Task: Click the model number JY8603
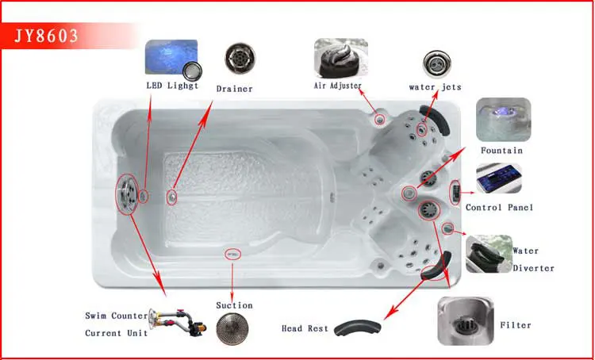(x=46, y=36)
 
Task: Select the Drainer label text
(x=234, y=89)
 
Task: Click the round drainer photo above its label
(x=240, y=59)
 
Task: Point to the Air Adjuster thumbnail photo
(x=341, y=58)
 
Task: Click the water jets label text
(x=435, y=87)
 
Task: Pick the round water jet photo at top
(x=437, y=63)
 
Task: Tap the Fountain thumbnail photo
(x=503, y=120)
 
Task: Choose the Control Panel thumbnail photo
(x=499, y=178)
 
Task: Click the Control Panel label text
(x=499, y=208)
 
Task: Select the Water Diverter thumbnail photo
(x=489, y=254)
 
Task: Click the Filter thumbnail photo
(x=466, y=321)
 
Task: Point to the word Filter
(x=516, y=325)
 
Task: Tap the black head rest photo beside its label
(x=358, y=328)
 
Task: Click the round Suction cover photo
(x=232, y=328)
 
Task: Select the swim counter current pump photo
(x=178, y=323)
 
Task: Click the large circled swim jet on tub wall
(x=127, y=194)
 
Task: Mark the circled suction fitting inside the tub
(x=232, y=255)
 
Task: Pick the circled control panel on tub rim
(x=455, y=193)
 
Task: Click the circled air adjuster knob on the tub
(x=379, y=120)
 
